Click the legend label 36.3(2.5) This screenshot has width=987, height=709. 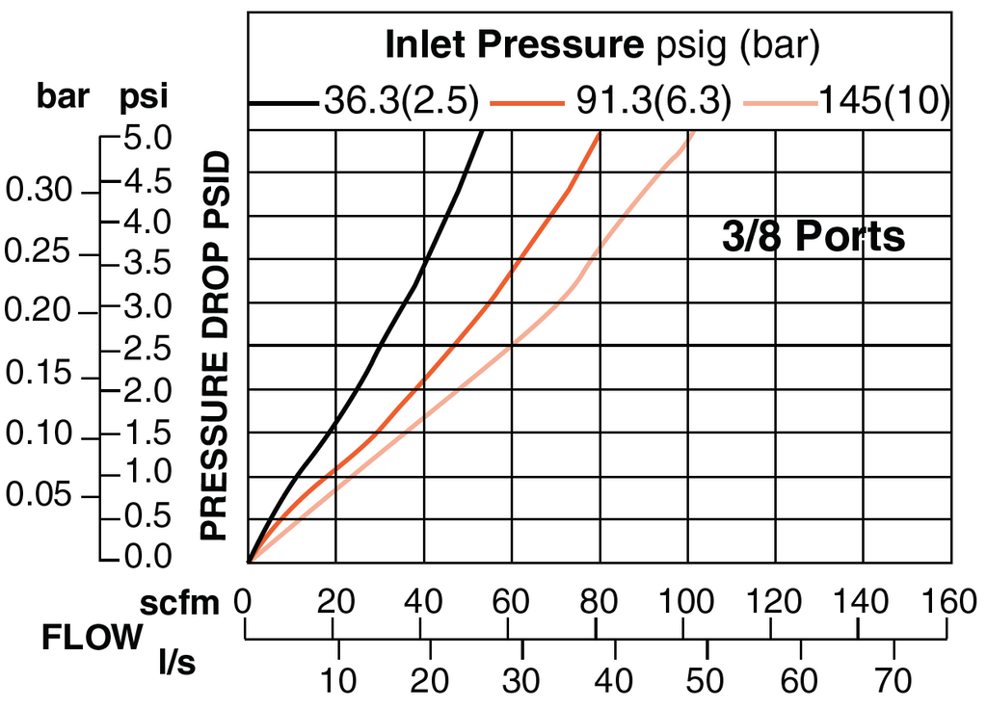point(401,101)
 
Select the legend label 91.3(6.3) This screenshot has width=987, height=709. point(651,101)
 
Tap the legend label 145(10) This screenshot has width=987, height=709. point(885,101)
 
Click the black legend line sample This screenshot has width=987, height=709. point(283,102)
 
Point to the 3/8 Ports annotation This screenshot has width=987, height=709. point(814,235)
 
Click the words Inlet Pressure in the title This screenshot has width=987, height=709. point(513,44)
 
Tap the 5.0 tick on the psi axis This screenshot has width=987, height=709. point(148,139)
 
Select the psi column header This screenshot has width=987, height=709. point(144,97)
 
